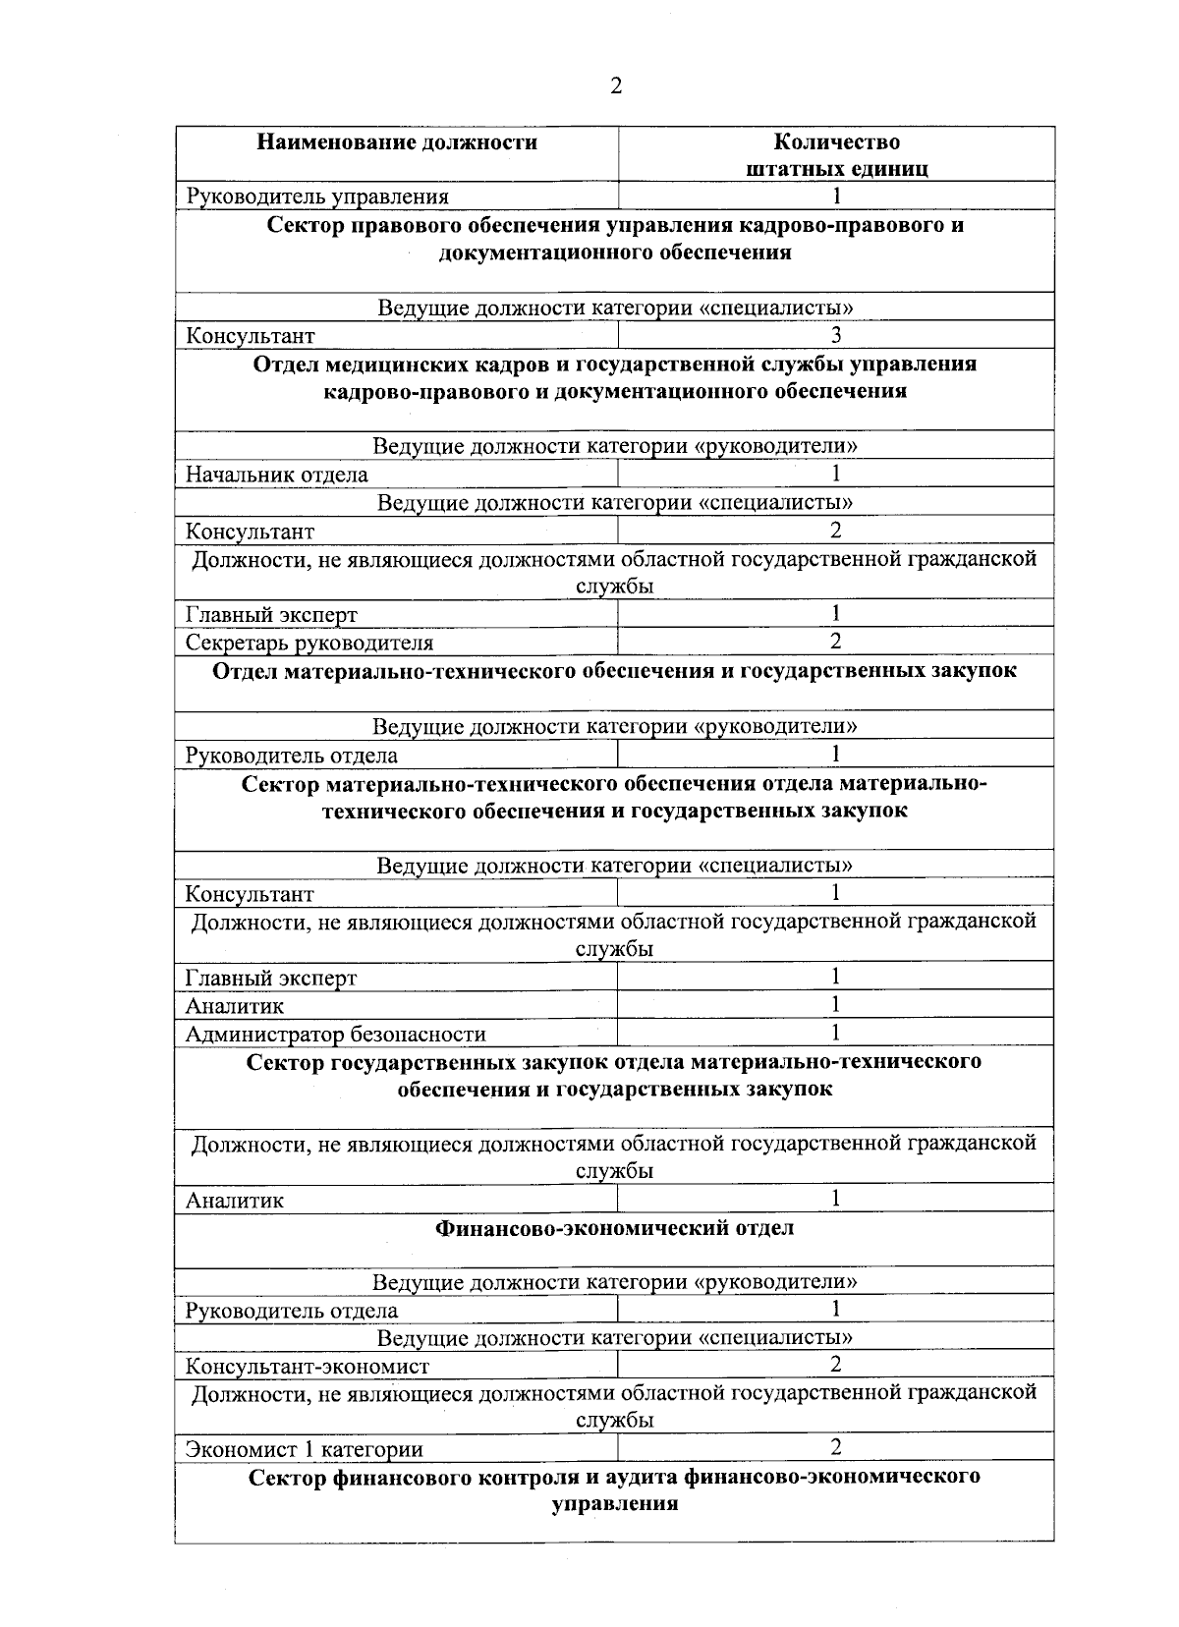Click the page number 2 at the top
[x=615, y=86]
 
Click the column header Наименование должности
[x=397, y=142]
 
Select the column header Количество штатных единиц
[x=836, y=155]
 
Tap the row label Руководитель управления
[x=317, y=196]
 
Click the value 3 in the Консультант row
[x=836, y=335]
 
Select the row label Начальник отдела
[x=277, y=475]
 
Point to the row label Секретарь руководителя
[x=309, y=643]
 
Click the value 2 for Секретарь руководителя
[x=836, y=642]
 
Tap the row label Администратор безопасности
[x=335, y=1034]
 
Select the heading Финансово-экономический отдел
[x=614, y=1228]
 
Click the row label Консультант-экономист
[x=308, y=1366]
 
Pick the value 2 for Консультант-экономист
[x=836, y=1364]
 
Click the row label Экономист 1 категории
[x=305, y=1448]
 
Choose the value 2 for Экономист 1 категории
[x=836, y=1446]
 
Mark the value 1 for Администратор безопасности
[x=836, y=1032]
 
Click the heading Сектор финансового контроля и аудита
[x=614, y=1490]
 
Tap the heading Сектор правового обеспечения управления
[x=614, y=239]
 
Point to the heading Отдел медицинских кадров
[x=614, y=377]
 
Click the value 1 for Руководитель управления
[x=836, y=196]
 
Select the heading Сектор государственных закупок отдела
[x=614, y=1075]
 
